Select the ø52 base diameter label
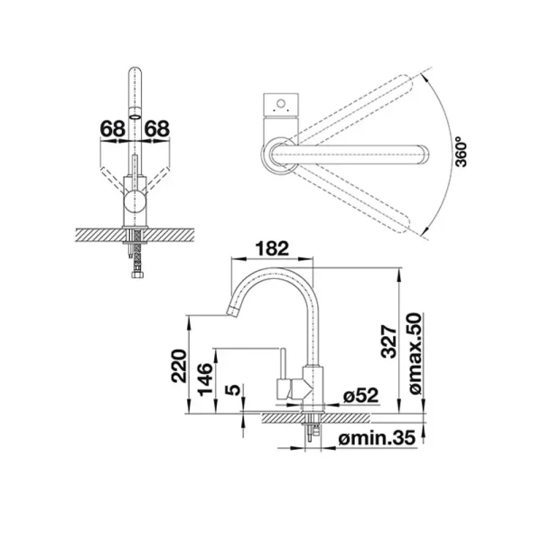tap(360, 396)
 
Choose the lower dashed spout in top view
tap(352, 199)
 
